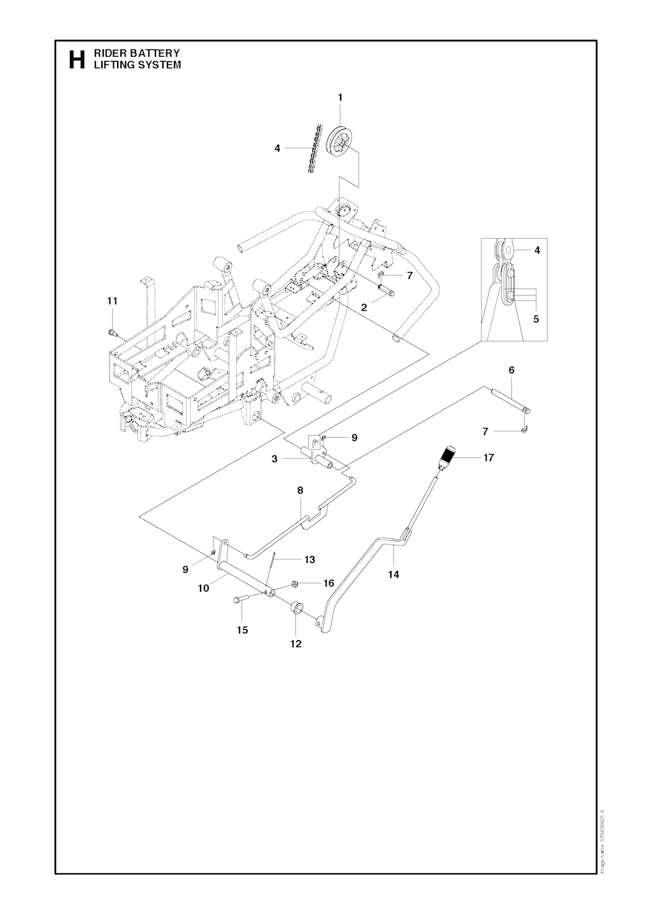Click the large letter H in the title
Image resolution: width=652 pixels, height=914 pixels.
76,59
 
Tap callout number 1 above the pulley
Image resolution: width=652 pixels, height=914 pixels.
340,97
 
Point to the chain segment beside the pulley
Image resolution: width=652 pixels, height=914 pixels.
312,150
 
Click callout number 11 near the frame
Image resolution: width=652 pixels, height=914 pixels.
112,301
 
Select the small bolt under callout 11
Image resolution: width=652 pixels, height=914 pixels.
112,331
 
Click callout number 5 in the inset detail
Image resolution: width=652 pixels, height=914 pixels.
536,319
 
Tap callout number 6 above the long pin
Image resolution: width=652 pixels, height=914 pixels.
511,370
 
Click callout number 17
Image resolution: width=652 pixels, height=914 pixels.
488,457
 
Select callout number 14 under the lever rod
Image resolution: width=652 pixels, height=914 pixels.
393,575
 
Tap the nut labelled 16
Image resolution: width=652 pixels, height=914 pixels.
295,583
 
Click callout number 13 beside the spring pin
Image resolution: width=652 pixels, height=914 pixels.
309,560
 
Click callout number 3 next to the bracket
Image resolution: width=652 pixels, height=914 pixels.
274,459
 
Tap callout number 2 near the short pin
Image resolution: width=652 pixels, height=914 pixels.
364,307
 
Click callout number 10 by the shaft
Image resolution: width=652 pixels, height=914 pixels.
203,589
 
